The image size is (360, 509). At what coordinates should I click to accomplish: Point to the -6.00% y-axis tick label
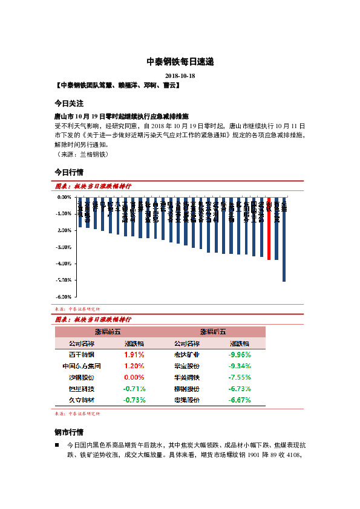(x=64, y=297)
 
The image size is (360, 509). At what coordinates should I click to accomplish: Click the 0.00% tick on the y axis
(x=65, y=197)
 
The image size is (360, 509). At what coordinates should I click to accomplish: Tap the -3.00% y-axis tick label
(x=64, y=247)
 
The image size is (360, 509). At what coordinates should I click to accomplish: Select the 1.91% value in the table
(x=134, y=355)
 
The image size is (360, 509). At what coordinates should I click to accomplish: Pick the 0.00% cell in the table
(x=134, y=377)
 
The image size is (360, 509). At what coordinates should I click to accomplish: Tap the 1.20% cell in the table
(x=134, y=366)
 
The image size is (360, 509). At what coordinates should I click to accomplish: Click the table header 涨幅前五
(x=108, y=332)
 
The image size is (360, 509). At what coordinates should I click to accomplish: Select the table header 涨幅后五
(x=213, y=332)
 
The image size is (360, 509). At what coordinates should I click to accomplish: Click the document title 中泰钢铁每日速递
(x=180, y=62)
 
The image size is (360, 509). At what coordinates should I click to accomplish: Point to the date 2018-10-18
(x=180, y=76)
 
